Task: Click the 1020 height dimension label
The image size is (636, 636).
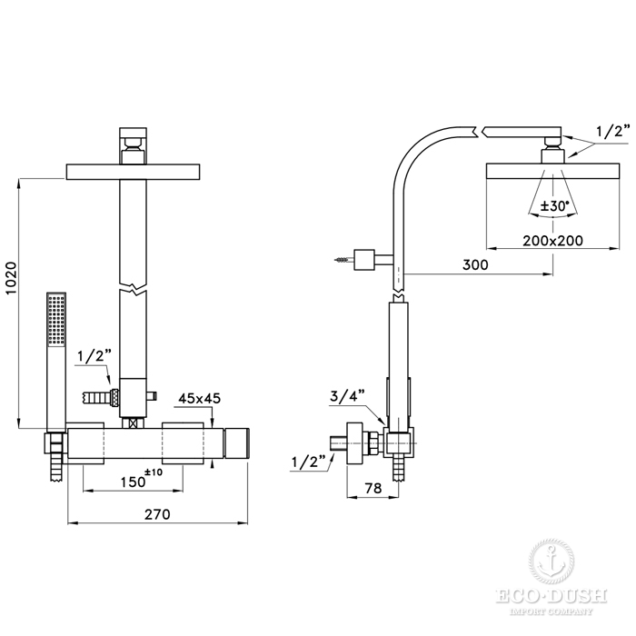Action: click(x=12, y=279)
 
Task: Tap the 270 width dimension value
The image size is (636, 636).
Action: click(x=157, y=514)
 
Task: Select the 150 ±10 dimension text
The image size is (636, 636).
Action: click(x=142, y=479)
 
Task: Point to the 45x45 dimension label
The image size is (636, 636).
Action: click(x=200, y=398)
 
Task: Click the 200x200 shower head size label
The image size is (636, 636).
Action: click(x=552, y=241)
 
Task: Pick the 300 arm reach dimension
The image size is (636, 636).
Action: click(x=475, y=264)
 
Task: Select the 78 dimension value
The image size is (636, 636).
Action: click(x=373, y=488)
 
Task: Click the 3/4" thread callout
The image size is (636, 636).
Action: click(x=347, y=396)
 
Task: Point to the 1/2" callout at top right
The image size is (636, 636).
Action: click(x=613, y=132)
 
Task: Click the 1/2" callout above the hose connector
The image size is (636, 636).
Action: click(x=94, y=356)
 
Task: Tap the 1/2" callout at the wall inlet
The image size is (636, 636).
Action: click(x=309, y=462)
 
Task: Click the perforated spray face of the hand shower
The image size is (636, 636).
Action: click(x=56, y=320)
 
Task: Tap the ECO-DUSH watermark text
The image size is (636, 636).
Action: click(x=552, y=597)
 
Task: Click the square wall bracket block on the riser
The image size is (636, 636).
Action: click(x=363, y=260)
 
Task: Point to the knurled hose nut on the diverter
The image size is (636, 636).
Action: click(x=114, y=396)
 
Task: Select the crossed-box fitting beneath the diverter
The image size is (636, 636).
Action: click(x=133, y=423)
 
